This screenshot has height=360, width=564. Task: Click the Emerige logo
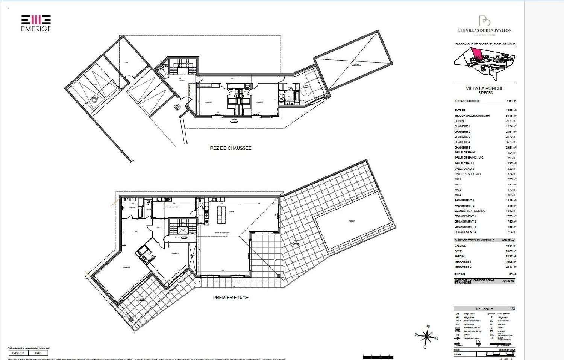36,23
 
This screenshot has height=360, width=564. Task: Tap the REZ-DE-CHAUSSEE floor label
230,148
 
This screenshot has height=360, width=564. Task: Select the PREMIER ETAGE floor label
230,298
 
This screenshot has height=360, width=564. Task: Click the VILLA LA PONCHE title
485,88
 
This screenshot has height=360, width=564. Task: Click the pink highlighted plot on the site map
476,54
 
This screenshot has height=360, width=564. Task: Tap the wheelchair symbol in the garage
95,98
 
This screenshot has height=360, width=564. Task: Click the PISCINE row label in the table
459,275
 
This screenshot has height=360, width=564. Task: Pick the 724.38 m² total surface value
508,281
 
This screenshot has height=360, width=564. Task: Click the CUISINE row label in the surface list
460,121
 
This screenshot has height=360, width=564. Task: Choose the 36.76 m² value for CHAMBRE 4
511,142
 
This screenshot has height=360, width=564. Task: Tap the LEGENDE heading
484,309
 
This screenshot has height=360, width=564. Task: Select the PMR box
38,353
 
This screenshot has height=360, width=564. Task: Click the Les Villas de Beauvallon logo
484,25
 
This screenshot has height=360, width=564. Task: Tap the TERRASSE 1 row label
462,262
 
